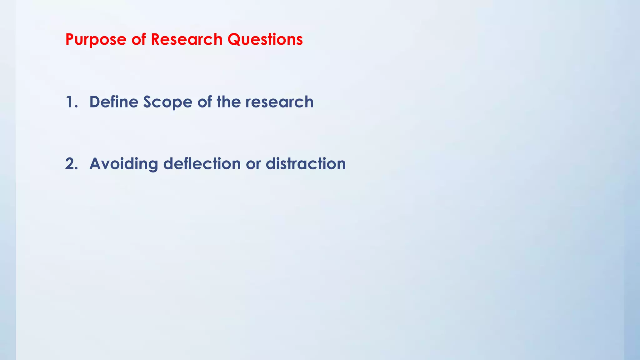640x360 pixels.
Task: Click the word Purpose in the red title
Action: point(96,40)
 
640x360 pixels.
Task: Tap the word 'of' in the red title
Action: point(138,40)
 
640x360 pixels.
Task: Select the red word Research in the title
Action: point(187,40)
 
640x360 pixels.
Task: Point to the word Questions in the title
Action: point(265,40)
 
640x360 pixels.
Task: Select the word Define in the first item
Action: point(114,102)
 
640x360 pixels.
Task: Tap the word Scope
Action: point(167,102)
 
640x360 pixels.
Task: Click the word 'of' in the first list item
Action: point(204,102)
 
